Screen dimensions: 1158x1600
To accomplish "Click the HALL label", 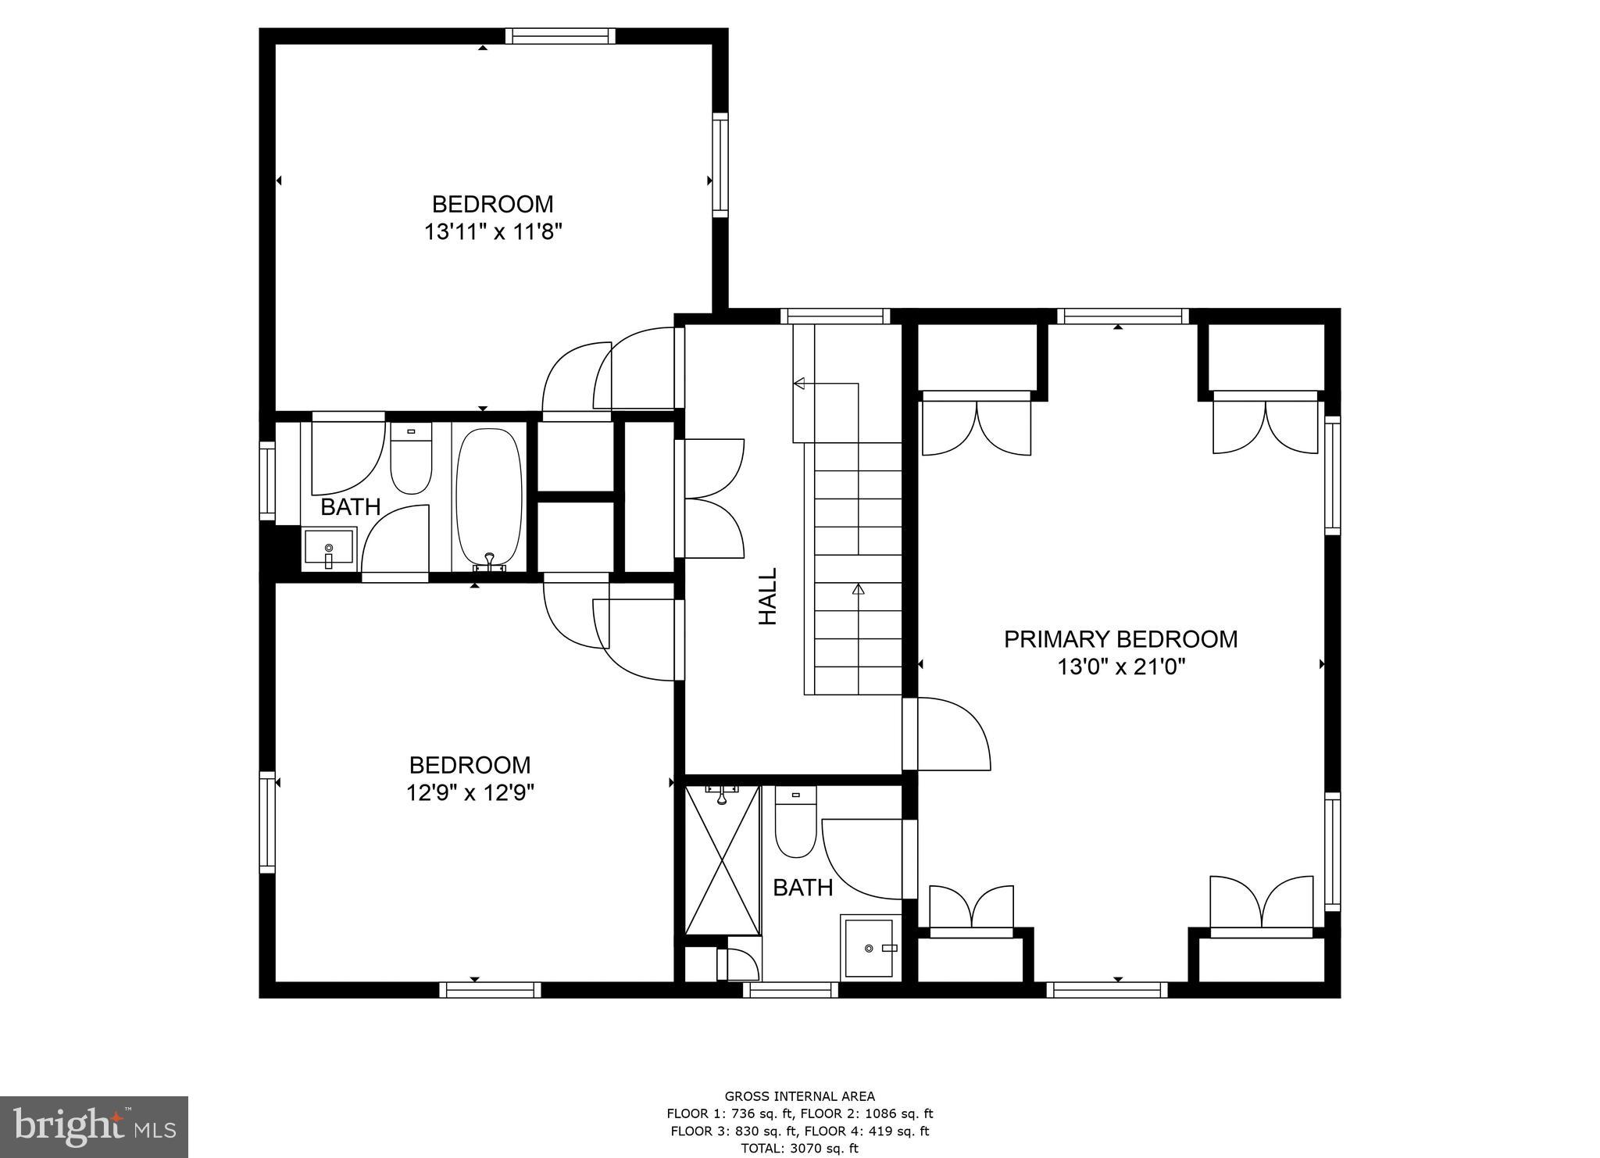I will (x=768, y=596).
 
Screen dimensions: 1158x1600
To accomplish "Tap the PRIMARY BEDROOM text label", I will (x=1120, y=639).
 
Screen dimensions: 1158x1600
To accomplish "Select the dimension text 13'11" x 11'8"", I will (x=493, y=232).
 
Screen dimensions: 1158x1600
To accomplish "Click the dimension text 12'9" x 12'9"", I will (x=470, y=793).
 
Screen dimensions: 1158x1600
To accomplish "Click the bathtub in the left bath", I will (x=489, y=496).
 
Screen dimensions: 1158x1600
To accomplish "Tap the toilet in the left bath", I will (x=411, y=461).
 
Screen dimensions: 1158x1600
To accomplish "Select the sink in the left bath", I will (x=329, y=549).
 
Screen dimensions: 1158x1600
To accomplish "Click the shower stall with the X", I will (x=723, y=860).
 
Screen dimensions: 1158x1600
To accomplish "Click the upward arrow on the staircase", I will (x=858, y=591).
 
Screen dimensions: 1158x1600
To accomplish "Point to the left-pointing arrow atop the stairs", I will (x=799, y=383).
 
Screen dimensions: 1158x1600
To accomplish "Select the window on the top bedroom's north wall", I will (x=559, y=36).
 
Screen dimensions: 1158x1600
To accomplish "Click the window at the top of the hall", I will (x=835, y=316).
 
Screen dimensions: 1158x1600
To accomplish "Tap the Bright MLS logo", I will (x=94, y=1127).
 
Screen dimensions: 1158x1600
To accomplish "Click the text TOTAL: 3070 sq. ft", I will (x=799, y=1148).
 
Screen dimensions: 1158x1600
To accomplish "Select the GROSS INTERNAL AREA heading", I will (x=799, y=1096).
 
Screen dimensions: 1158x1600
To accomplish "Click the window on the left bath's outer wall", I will (x=267, y=481).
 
